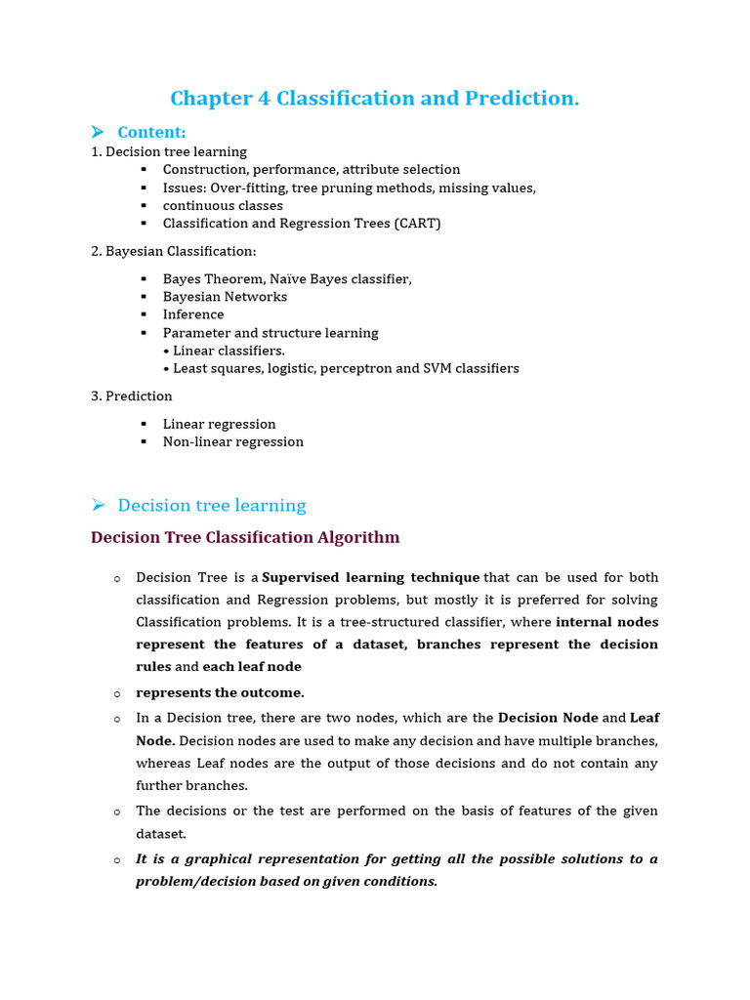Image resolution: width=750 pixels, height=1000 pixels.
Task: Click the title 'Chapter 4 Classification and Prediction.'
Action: [374, 99]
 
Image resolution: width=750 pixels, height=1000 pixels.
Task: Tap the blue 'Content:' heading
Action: [151, 132]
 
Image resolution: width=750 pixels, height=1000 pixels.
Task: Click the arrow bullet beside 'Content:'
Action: [98, 132]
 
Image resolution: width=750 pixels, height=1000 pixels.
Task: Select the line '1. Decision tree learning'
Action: [169, 151]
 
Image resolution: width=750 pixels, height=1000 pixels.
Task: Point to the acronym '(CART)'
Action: [417, 224]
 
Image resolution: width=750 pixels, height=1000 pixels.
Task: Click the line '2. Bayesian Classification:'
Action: [173, 251]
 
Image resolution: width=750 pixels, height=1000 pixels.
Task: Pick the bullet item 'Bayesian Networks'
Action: [225, 297]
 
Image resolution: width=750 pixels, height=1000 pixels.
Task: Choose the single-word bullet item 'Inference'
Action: [193, 314]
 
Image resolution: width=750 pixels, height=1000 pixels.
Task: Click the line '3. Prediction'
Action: [132, 396]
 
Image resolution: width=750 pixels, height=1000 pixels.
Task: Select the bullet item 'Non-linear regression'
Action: [233, 441]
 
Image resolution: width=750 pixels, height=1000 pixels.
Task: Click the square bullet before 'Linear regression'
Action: [143, 424]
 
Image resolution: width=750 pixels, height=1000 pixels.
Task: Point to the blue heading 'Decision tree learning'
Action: [212, 505]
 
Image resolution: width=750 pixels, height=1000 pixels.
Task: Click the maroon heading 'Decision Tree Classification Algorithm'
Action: [245, 537]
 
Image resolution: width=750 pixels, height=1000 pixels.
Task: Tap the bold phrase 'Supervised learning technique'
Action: [371, 577]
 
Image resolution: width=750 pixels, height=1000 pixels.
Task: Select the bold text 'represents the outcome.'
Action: [221, 692]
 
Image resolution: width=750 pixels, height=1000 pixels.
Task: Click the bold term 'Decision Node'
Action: [548, 718]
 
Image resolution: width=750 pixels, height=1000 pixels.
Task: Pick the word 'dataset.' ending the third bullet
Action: [161, 834]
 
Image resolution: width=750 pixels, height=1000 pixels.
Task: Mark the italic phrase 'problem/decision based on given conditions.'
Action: [287, 881]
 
